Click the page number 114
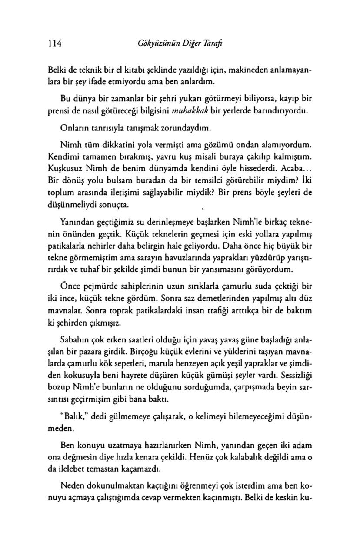56,43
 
